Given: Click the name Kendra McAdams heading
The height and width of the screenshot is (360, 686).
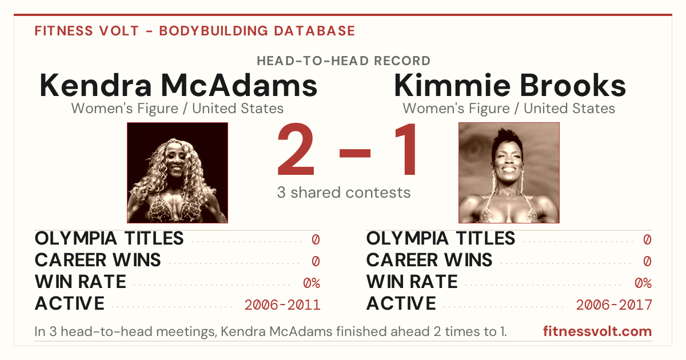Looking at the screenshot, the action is [x=178, y=85].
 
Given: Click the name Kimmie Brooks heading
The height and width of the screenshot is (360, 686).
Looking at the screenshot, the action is [x=510, y=85].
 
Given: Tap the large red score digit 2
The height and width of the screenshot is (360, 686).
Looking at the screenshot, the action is [x=296, y=149].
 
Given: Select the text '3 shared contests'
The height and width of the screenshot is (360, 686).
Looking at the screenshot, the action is [x=344, y=193].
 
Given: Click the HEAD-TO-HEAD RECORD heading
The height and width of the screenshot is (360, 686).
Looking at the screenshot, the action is [x=344, y=61].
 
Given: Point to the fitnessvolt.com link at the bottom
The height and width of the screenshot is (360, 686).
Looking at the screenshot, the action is [x=597, y=331].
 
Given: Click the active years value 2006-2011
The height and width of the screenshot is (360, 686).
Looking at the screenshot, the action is [x=282, y=305].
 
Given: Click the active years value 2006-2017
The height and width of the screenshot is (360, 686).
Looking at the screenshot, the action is [x=614, y=305].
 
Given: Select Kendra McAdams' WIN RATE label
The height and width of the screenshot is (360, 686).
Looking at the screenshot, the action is [x=81, y=282].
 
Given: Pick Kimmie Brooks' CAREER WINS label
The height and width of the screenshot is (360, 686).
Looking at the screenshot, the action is [x=429, y=260].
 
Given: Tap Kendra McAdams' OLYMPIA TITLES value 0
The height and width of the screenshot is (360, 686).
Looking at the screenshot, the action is [x=316, y=239].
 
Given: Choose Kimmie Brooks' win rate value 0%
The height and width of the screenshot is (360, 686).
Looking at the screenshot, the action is [x=643, y=283].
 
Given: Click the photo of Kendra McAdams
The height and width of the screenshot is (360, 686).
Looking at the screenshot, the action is [x=178, y=173].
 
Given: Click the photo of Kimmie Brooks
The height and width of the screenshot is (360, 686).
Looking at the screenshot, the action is [x=509, y=173].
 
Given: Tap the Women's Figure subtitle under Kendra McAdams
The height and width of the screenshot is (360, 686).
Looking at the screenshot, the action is [x=178, y=109].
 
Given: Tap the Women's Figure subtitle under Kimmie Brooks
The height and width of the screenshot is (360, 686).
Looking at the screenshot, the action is [x=509, y=109].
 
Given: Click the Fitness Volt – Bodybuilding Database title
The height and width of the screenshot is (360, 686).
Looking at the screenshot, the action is [x=195, y=31].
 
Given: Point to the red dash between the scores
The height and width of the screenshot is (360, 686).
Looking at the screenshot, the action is [x=355, y=153].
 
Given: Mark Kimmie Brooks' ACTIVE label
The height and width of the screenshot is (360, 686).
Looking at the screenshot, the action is [x=401, y=303].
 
